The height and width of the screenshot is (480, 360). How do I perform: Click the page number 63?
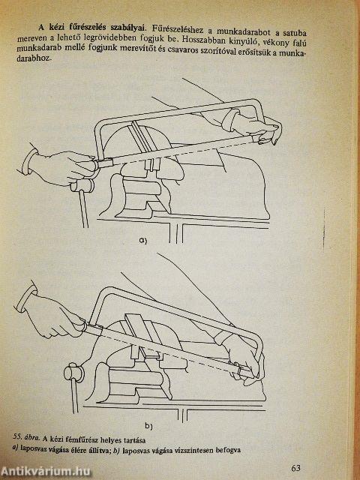pos(296,468)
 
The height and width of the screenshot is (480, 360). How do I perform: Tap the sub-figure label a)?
pos(143,241)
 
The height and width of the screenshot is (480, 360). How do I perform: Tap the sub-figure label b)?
pos(148,425)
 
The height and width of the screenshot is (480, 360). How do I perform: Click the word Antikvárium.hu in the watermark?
pos(46,472)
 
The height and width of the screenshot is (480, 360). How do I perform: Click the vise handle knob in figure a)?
pos(82,185)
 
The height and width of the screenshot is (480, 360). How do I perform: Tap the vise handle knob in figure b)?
pos(73,373)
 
